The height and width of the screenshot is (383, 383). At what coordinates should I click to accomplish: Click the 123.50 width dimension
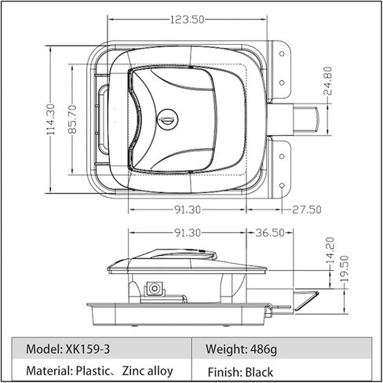click(x=187, y=20)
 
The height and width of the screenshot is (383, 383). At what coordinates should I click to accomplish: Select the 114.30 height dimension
click(x=51, y=119)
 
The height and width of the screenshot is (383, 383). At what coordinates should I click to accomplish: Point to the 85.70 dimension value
click(x=72, y=119)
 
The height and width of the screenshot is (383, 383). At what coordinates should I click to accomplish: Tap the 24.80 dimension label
click(x=327, y=81)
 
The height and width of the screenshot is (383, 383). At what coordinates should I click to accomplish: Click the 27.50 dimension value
click(x=307, y=210)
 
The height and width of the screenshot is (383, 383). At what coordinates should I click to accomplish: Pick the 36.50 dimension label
click(x=270, y=232)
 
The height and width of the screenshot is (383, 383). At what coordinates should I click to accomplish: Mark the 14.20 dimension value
click(x=330, y=250)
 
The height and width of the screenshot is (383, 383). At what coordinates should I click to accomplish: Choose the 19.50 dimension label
click(x=345, y=268)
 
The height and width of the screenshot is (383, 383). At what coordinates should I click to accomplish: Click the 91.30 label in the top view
click(x=188, y=210)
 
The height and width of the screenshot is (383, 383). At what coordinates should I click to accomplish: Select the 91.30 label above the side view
click(x=188, y=232)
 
